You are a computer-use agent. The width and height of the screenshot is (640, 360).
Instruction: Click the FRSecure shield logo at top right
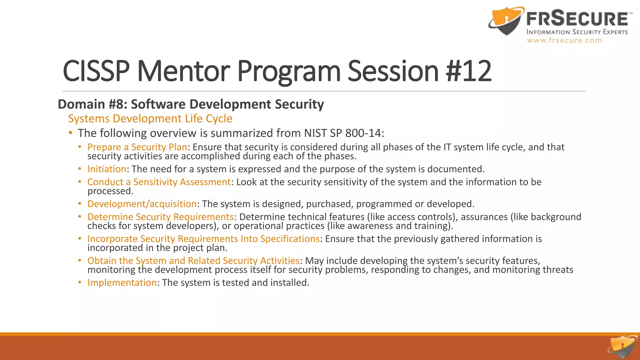click(506, 21)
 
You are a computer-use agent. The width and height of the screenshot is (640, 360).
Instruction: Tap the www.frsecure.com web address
click(564, 40)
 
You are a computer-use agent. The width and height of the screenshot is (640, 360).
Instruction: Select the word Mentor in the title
click(183, 71)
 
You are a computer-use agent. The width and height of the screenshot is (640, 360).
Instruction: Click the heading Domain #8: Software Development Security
click(191, 104)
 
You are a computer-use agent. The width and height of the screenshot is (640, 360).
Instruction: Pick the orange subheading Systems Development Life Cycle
click(150, 119)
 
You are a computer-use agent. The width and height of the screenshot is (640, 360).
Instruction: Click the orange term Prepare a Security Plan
click(137, 147)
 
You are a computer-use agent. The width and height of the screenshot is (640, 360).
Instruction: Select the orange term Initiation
click(107, 169)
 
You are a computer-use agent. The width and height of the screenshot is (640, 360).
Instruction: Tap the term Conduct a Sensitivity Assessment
click(159, 182)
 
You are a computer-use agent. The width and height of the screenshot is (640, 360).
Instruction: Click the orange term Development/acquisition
click(142, 204)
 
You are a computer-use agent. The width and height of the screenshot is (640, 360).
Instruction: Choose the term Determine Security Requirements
click(160, 217)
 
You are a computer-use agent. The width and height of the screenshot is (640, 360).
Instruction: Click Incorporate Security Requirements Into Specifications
click(203, 239)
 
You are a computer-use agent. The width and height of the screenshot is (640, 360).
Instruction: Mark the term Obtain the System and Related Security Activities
click(193, 261)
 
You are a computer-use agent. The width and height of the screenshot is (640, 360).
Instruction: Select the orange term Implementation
click(122, 282)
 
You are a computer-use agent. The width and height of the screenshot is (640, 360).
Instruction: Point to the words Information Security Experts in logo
click(577, 32)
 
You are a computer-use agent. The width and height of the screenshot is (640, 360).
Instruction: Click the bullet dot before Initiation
click(80, 169)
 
